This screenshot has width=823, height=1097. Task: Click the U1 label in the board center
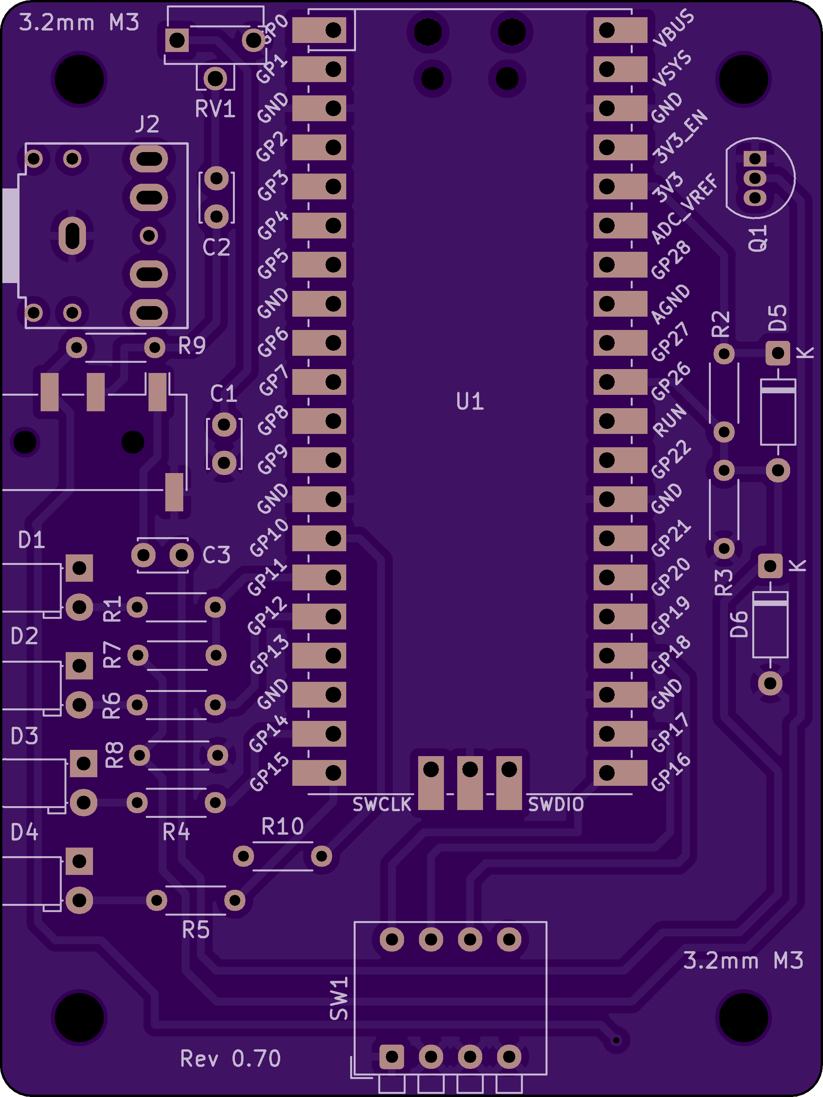click(x=470, y=401)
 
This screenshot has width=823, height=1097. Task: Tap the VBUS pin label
click(x=673, y=28)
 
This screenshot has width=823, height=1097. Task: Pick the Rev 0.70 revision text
click(x=231, y=1058)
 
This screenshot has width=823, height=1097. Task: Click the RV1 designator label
click(x=215, y=109)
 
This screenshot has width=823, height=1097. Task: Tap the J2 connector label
click(x=147, y=124)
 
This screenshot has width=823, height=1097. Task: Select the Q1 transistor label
click(x=758, y=238)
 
